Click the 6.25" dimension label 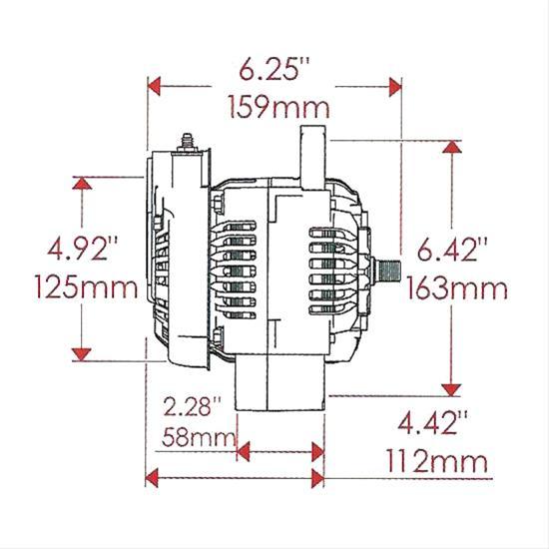(274, 70)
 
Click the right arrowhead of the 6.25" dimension (395, 86)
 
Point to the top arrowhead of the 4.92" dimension (82, 184)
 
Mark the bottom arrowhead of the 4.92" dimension (82, 354)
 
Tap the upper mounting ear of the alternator (312, 155)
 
